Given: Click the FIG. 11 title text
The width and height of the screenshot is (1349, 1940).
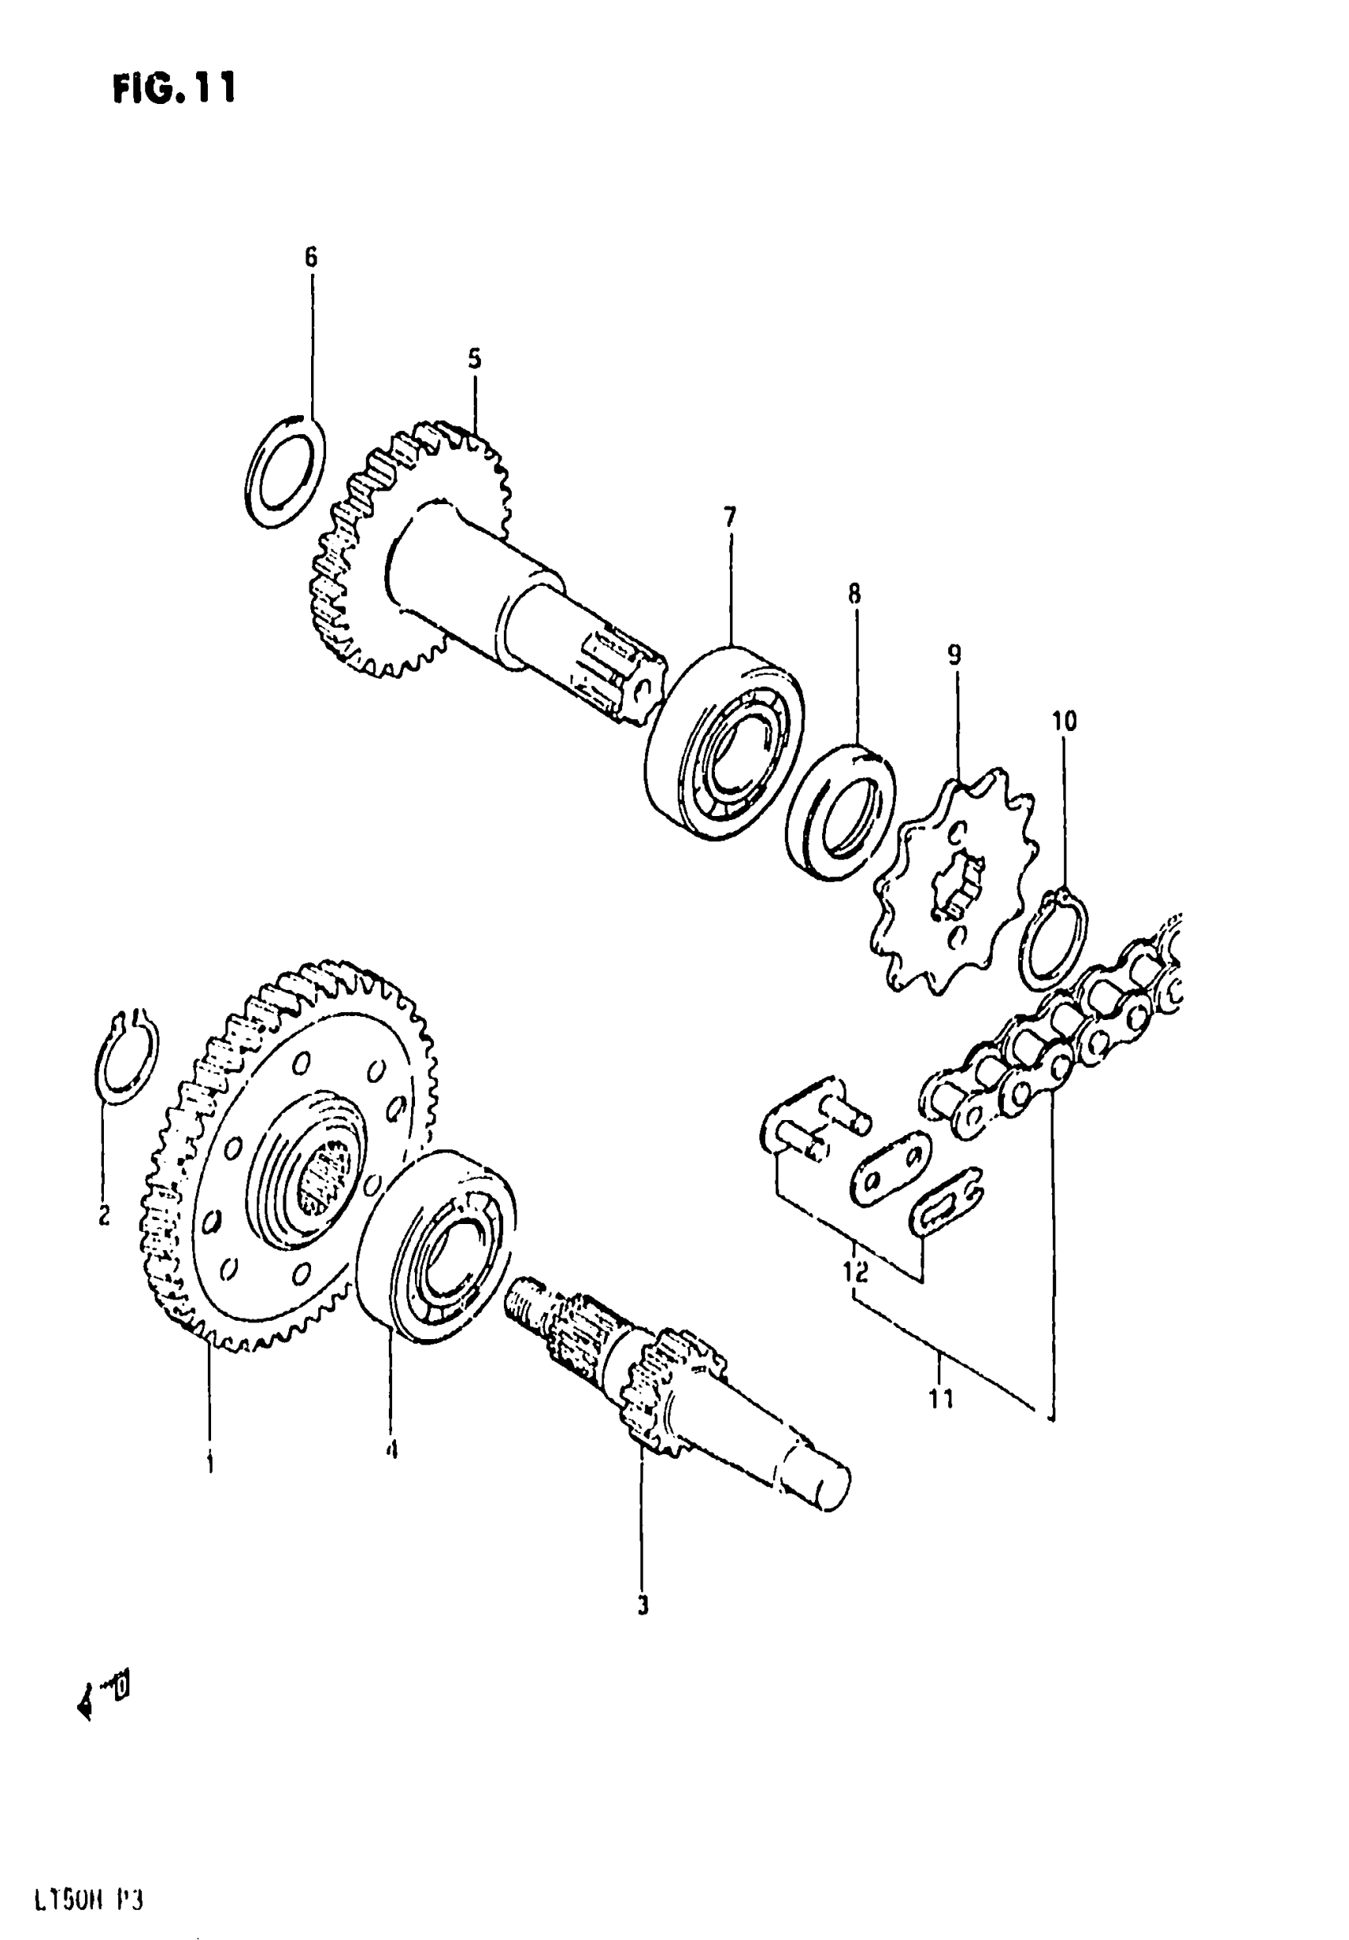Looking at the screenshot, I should pos(174,88).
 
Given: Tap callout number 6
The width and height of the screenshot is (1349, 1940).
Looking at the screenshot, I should pos(311,257).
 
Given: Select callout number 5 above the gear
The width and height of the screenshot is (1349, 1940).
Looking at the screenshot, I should pos(475,359).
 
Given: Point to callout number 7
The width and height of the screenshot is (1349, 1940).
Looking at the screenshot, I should pos(730,514).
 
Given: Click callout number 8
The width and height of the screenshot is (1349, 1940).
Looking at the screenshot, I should pos(855,594).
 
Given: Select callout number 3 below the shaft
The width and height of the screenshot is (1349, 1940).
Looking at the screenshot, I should pos(642,1605).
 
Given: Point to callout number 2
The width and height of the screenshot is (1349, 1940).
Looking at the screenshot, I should pos(104,1215).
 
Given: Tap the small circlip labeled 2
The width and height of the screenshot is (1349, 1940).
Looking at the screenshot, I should pos(126,1057).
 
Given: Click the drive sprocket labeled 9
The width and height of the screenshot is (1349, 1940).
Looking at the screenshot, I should pos(955,879).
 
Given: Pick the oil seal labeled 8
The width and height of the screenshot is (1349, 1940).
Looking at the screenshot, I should pos(840,811).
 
